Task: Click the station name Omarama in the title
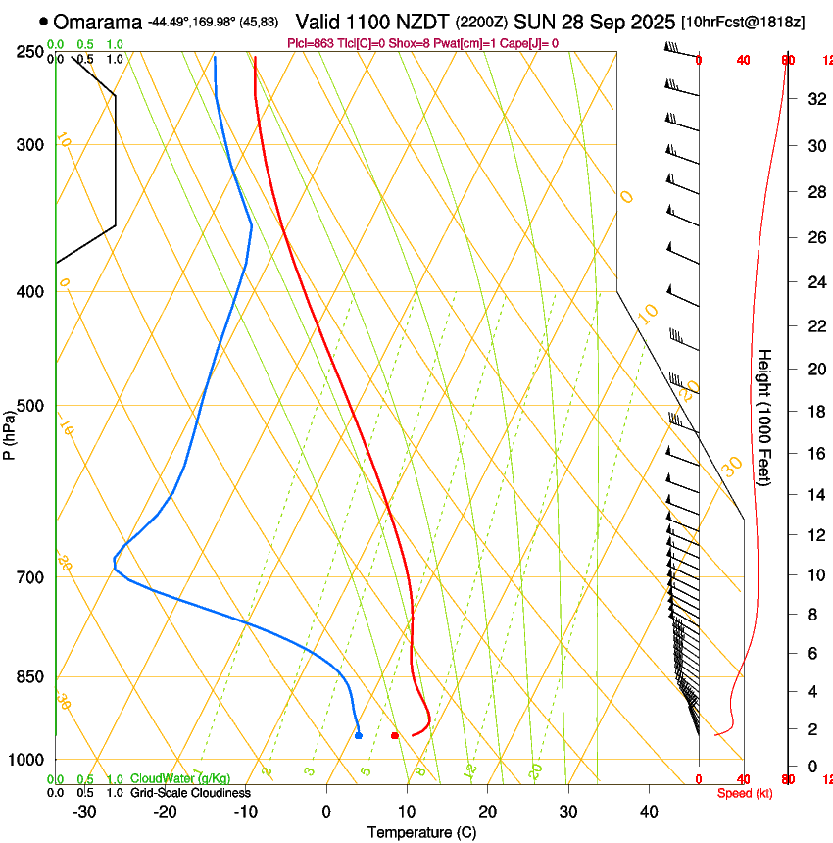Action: tap(98, 22)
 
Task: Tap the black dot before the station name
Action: tap(43, 22)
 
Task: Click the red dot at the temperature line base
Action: tap(395, 735)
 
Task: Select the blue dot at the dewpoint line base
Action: tap(359, 734)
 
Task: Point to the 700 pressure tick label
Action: tap(29, 577)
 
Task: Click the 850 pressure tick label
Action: tap(29, 677)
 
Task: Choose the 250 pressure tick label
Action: tap(29, 52)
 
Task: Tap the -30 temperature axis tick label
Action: tap(84, 812)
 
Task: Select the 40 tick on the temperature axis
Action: tap(649, 812)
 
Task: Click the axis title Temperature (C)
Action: tap(421, 832)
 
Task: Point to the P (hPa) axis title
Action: tap(10, 428)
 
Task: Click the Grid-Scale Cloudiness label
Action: tap(190, 793)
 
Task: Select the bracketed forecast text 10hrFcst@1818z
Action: tap(743, 22)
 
